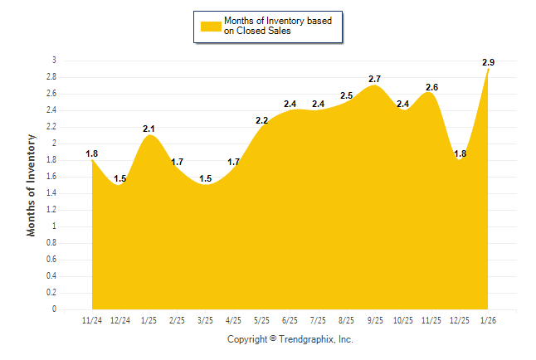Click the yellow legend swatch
click(x=210, y=26)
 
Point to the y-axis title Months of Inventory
click(x=32, y=185)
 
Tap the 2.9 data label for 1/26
click(x=488, y=62)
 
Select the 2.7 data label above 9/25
click(x=375, y=79)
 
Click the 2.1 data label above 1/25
click(x=149, y=129)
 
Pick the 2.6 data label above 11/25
click(x=431, y=87)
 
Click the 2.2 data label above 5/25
click(x=262, y=120)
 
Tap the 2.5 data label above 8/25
click(x=347, y=95)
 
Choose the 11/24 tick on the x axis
click(x=92, y=321)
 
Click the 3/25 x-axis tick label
click(x=205, y=321)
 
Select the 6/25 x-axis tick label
click(x=290, y=321)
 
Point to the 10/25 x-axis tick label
click(x=403, y=321)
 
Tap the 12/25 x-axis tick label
click(x=460, y=321)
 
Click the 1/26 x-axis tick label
click(x=488, y=321)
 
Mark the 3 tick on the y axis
click(x=54, y=61)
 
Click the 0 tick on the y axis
click(x=54, y=309)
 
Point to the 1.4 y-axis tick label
click(x=51, y=193)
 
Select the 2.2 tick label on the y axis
click(x=51, y=127)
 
